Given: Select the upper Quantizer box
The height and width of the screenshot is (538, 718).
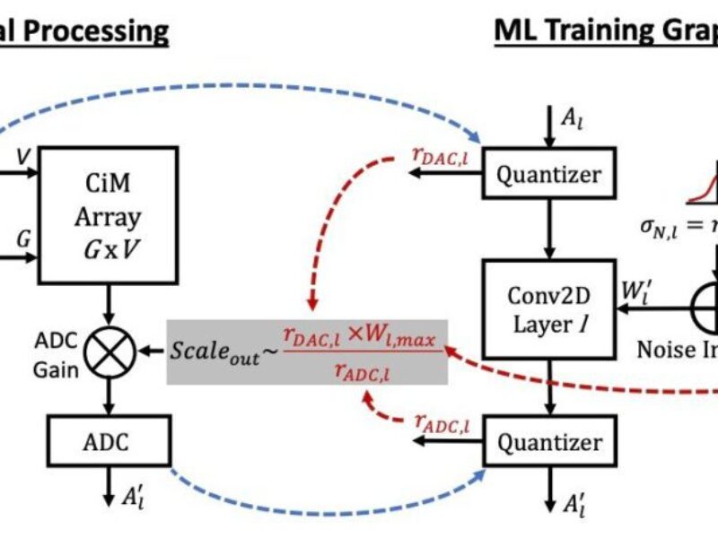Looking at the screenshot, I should (x=549, y=175).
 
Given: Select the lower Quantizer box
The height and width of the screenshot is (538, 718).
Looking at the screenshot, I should (x=549, y=442).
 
